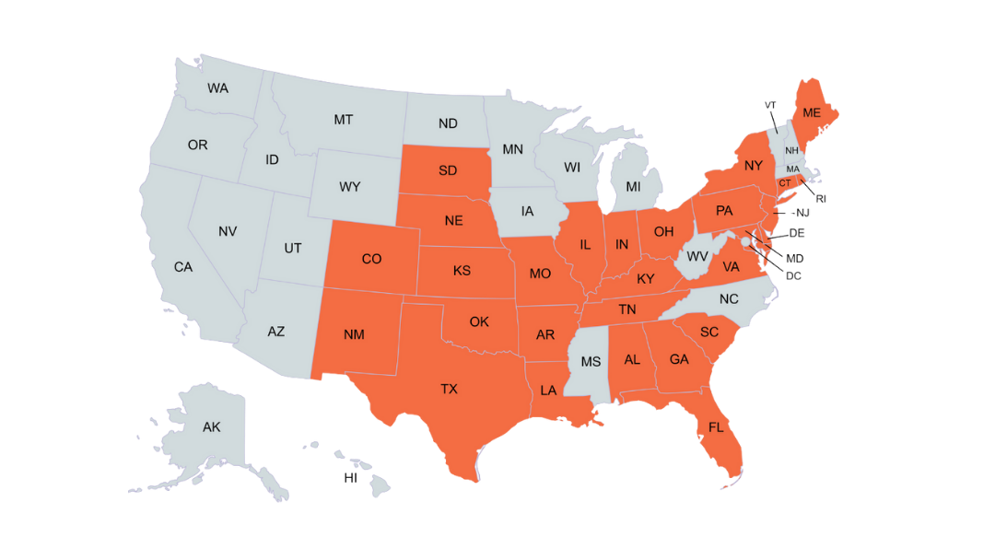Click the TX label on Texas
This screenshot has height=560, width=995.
(449, 389)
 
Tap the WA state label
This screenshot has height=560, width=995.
(217, 88)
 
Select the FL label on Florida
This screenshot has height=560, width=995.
(716, 427)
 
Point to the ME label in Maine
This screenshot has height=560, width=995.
(811, 112)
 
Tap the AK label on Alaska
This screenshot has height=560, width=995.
(212, 426)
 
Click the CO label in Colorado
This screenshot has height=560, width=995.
(371, 259)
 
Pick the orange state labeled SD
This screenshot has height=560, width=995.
(448, 170)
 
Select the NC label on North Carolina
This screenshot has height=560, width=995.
(729, 298)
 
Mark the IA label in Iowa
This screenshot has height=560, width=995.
(527, 211)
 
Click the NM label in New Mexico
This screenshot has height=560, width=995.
(354, 334)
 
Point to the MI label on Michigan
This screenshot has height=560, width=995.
(633, 186)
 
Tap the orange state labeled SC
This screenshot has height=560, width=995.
(708, 332)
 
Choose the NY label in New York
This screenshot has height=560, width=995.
(754, 166)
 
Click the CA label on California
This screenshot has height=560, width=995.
(183, 267)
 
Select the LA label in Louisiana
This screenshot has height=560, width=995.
(548, 390)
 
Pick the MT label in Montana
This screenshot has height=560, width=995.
(344, 120)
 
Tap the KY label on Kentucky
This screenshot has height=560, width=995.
(645, 278)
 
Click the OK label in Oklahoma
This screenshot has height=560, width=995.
(479, 321)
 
